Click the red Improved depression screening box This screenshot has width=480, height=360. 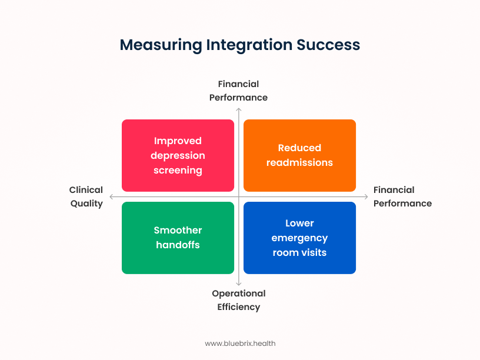coord(178,155)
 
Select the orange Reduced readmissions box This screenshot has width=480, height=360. coord(299,155)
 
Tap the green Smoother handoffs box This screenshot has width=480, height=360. coord(178,238)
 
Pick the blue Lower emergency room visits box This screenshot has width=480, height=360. coord(299,238)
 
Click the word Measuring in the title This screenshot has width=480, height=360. coord(161,45)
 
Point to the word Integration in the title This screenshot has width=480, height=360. coord(249,45)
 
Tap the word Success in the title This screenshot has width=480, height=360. coord(328,45)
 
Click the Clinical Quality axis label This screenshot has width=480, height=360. coord(86,197)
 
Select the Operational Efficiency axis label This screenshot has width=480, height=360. coord(239,301)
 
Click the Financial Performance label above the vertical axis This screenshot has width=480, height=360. coord(238,91)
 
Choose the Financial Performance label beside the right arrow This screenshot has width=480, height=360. coord(402,196)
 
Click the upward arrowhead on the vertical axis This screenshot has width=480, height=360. coord(239,109)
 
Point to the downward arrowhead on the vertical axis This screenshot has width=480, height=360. coord(239,284)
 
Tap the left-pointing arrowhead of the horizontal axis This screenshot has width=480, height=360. coord(111,197)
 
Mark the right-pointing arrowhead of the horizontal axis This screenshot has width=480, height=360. coord(366,197)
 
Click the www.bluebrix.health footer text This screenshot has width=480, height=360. coord(240,344)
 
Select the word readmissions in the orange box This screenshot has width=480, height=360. coord(299,162)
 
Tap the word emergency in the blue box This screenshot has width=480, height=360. coord(299,238)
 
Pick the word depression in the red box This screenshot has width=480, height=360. coord(178,156)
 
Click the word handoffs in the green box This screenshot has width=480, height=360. coord(178,245)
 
